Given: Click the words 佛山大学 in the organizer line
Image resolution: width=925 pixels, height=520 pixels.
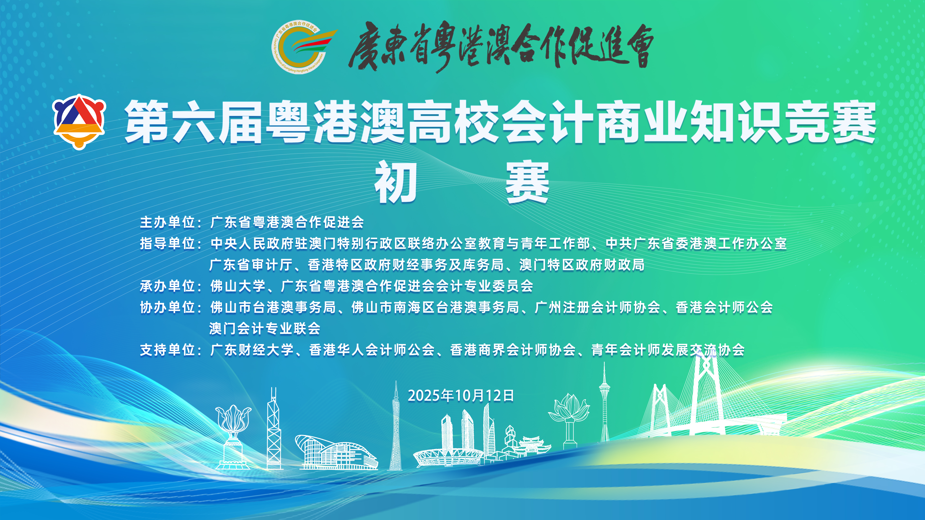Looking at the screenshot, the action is [x=238, y=286].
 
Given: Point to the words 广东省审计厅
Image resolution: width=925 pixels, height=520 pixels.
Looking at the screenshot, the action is [x=251, y=265].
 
